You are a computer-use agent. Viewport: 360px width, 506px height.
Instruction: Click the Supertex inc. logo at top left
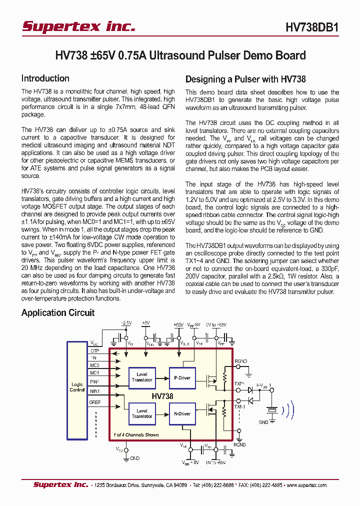coord(79,26)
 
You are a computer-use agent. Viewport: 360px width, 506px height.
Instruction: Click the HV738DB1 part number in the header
coord(312,28)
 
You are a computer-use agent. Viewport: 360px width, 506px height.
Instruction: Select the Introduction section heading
coord(45,78)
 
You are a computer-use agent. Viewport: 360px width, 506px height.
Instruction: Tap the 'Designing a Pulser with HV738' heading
coord(245,79)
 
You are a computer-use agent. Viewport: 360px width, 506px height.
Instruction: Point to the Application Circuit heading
coord(57,313)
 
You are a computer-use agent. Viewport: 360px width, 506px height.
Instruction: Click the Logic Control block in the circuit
coord(77,387)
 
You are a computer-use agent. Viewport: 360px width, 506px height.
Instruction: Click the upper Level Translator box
coord(142,377)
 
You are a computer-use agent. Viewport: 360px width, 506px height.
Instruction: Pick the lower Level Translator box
coord(142,413)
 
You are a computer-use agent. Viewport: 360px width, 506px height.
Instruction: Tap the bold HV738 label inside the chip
coord(162,396)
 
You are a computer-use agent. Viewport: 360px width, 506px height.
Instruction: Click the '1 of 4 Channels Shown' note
coord(136,435)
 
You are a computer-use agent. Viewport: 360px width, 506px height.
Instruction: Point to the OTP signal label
coord(94,350)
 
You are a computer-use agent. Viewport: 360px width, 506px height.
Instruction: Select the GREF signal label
coord(95,402)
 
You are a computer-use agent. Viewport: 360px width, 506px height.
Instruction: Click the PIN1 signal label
coord(94,382)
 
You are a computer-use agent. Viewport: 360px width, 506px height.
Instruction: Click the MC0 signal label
coord(94,365)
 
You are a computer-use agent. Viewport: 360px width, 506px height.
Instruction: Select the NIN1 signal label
coord(94,391)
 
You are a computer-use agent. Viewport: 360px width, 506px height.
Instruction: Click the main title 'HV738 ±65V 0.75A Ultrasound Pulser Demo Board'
coord(180,55)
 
